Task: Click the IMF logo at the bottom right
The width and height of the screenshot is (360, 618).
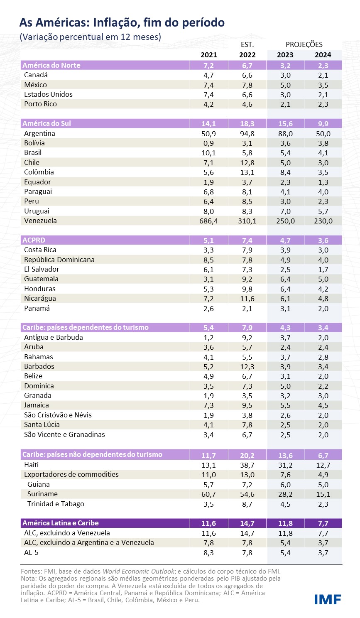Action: pos(327,599)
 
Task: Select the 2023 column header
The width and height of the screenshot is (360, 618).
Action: pos(285,55)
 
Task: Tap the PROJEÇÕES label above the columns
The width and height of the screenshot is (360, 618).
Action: pos(304,44)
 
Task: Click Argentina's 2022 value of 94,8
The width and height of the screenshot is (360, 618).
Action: pos(247,134)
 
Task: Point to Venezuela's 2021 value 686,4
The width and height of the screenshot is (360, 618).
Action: pos(208,221)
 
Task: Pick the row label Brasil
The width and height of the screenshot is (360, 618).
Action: pos(33,152)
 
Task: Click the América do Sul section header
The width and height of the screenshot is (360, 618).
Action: pos(47,123)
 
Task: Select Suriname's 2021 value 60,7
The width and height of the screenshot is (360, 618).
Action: pos(208,494)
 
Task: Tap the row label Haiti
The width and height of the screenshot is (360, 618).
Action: pos(32,465)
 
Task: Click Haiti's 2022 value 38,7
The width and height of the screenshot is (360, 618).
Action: pos(247,465)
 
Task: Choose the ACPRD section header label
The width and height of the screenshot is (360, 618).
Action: pos(34,240)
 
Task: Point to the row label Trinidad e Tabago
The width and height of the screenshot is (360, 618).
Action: pos(56,504)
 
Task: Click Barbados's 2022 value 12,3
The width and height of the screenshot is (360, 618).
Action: pos(247,367)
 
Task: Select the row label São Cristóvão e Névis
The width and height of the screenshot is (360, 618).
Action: pos(58,415)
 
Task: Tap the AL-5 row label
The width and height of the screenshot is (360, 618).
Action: pos(31,552)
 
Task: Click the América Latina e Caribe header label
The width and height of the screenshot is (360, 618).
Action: pos(61,523)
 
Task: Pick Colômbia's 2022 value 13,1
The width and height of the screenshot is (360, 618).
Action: pos(247,172)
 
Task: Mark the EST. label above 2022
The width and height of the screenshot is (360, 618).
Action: pos(247,44)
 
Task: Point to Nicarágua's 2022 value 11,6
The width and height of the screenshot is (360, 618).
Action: pos(247,299)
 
